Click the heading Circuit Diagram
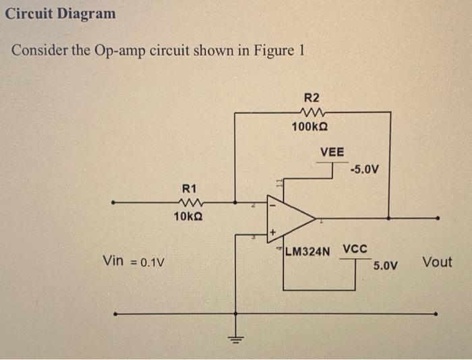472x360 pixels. (60, 13)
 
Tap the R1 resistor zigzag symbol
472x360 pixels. (189, 201)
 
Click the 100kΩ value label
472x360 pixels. (310, 126)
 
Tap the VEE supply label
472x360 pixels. (332, 152)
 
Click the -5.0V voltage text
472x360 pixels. (365, 169)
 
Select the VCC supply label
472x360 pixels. (355, 249)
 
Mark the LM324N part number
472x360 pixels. (307, 253)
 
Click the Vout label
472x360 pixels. (437, 262)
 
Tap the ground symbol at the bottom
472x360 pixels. (236, 337)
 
